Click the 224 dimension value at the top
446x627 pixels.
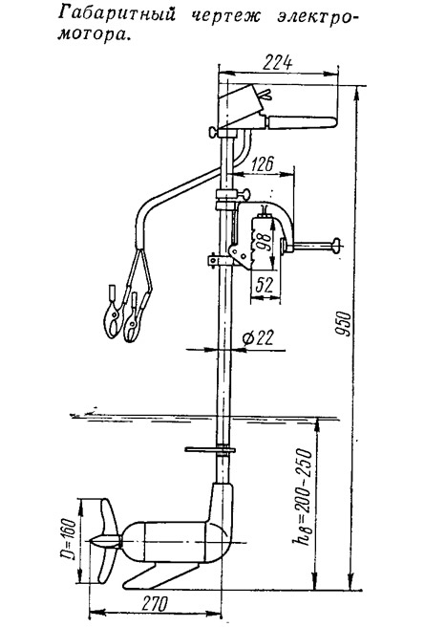[278, 63]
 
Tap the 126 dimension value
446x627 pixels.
[263, 164]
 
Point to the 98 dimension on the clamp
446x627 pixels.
[264, 241]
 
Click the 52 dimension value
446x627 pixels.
[264, 285]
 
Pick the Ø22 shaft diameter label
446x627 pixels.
[259, 338]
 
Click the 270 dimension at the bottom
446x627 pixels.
[155, 603]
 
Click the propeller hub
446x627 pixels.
[105, 542]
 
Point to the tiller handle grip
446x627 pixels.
[303, 122]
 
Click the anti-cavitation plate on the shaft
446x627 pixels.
[210, 449]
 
